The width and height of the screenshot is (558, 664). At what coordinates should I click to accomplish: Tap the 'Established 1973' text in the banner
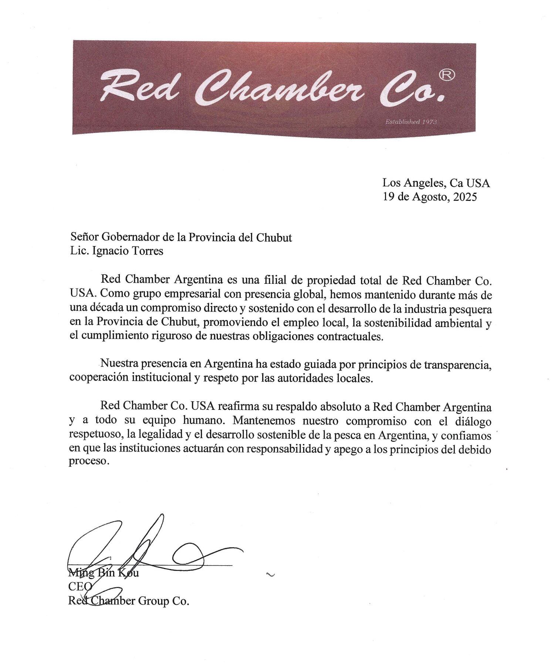coord(411,122)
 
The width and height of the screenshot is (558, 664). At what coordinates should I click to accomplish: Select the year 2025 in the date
coord(465,197)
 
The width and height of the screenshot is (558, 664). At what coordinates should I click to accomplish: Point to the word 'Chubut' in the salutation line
coord(274,237)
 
